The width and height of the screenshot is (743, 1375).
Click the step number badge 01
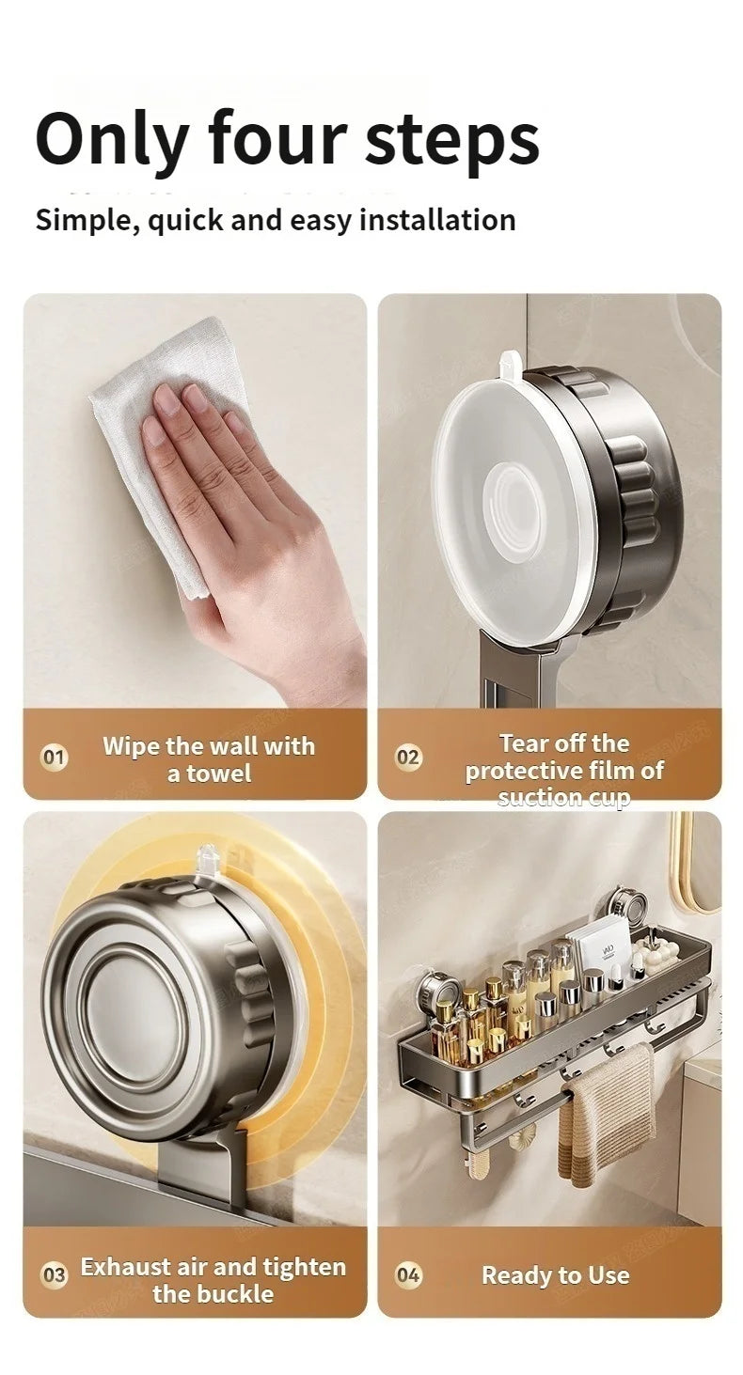tap(55, 758)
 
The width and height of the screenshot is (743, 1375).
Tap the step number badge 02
tap(408, 758)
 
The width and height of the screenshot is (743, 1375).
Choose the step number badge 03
tap(55, 1275)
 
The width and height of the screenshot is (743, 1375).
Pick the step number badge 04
tap(408, 1275)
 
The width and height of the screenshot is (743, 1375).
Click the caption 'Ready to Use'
tap(555, 1275)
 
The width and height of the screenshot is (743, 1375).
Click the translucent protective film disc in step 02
tap(513, 498)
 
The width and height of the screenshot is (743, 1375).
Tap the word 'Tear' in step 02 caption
tap(524, 743)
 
